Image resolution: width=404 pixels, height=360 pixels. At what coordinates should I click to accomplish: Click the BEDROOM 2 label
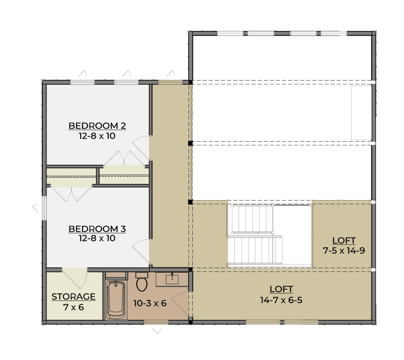[x=97, y=126]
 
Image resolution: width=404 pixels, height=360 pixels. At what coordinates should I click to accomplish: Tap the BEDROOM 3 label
[x=97, y=229]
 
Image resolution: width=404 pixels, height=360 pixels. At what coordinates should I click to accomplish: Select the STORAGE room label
[x=73, y=297]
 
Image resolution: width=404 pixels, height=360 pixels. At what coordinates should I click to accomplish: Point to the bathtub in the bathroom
[x=116, y=300]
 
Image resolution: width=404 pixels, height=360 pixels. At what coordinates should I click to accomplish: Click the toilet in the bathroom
[x=142, y=282]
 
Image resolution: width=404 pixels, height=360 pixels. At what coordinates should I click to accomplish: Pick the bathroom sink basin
[x=172, y=279]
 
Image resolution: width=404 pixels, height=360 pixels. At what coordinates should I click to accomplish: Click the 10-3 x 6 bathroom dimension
[x=150, y=303]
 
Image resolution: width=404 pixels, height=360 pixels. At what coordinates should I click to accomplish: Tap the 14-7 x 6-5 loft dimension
[x=281, y=300]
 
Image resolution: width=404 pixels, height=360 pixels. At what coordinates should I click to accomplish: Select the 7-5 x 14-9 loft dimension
[x=344, y=250]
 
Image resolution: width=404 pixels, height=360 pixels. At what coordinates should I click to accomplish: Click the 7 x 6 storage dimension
[x=73, y=307]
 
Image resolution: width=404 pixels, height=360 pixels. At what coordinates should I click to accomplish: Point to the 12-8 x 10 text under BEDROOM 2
[x=97, y=136]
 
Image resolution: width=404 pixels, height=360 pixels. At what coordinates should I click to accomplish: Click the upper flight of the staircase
[x=252, y=218]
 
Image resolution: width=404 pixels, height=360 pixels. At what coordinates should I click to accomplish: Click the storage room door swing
[x=75, y=278]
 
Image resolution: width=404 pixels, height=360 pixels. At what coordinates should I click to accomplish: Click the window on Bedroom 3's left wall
[x=44, y=208]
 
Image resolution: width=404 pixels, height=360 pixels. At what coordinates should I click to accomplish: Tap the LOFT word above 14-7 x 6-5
[x=281, y=289]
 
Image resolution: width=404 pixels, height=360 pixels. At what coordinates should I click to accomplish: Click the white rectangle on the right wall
[x=361, y=113]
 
